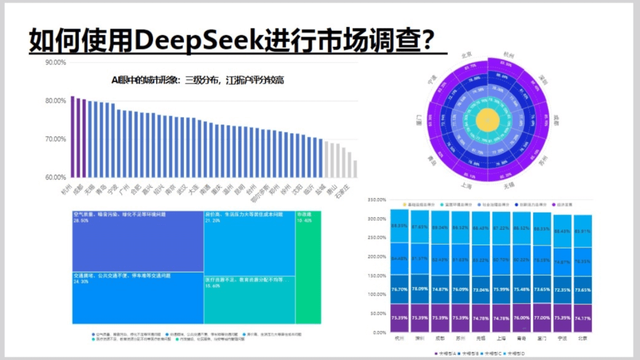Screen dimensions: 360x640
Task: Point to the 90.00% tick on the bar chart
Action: [55, 62]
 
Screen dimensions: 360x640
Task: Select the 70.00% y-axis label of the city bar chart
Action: [55, 139]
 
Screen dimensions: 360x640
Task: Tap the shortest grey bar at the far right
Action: [355, 169]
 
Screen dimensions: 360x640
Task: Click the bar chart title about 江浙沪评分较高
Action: [197, 81]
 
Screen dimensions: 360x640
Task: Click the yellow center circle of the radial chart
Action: [486, 120]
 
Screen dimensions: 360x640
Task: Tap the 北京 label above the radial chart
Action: [466, 54]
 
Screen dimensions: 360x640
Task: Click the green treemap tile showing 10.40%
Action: [308, 267]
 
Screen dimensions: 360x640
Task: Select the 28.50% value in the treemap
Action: [81, 219]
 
